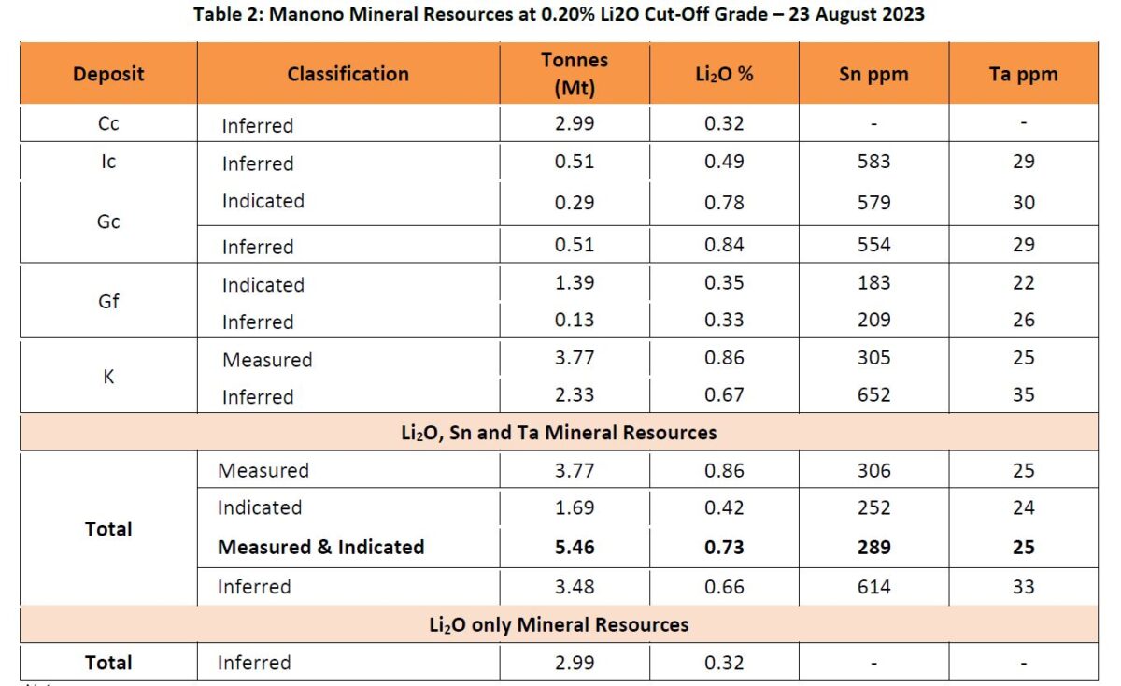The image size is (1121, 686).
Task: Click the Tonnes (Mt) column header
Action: click(x=574, y=73)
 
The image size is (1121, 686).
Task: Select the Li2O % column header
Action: click(x=724, y=74)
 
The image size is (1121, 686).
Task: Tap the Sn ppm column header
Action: click(x=873, y=74)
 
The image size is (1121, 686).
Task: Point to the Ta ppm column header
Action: click(x=1023, y=74)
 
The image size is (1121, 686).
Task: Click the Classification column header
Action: click(x=348, y=74)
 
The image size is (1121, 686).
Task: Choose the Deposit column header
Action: click(x=108, y=74)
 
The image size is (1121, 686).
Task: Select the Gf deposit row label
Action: click(x=108, y=302)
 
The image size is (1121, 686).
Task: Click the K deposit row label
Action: click(x=108, y=378)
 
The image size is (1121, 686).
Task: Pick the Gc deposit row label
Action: click(x=108, y=222)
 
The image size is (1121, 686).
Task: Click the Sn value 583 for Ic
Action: click(x=873, y=162)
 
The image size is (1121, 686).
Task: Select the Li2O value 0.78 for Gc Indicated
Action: click(x=724, y=202)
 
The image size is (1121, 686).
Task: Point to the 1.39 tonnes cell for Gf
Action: click(x=574, y=283)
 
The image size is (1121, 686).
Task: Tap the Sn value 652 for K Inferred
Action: click(x=873, y=395)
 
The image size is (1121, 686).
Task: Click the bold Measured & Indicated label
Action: click(x=320, y=547)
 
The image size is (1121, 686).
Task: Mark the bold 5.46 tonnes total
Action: click(x=574, y=547)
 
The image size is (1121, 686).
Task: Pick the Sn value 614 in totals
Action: click(x=873, y=587)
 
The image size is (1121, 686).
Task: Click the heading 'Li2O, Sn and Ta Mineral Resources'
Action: click(x=558, y=433)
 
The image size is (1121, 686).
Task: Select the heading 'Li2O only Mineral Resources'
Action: click(x=558, y=624)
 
